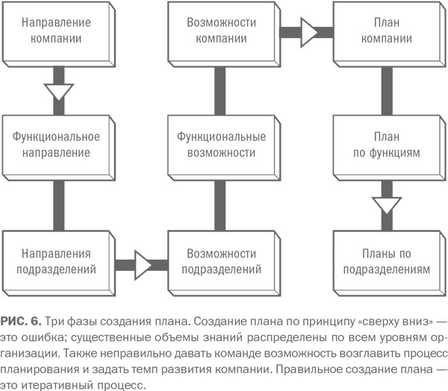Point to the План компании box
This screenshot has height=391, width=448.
click(x=386, y=31)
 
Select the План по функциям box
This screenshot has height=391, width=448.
click(x=386, y=144)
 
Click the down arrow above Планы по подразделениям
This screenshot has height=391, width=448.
click(x=388, y=203)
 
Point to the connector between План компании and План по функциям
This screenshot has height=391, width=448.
click(x=388, y=88)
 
